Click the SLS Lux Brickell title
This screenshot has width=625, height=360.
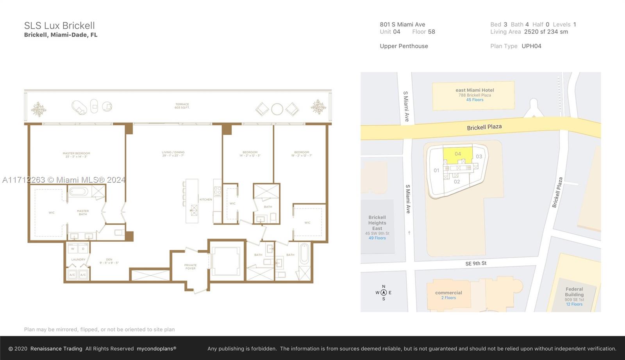tap(59, 26)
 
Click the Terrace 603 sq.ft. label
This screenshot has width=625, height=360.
tap(182, 106)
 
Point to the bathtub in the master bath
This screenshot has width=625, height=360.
tap(79, 192)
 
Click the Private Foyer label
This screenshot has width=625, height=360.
tap(190, 267)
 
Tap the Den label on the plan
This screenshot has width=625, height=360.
tap(109, 261)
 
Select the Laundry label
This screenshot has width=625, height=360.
tap(78, 260)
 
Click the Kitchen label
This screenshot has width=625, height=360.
tap(205, 200)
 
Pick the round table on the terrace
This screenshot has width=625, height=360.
tap(277, 109)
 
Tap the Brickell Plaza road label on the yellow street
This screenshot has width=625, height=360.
tap(484, 127)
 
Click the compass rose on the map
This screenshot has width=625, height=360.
tap(384, 292)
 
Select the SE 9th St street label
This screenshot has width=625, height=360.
tap(475, 264)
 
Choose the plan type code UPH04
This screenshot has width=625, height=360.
tap(531, 46)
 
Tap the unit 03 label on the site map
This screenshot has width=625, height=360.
tap(479, 157)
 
